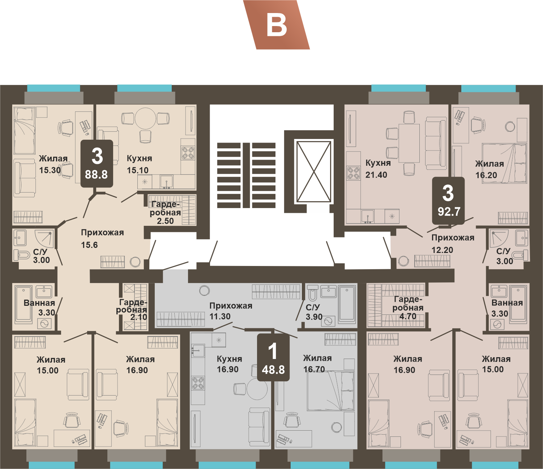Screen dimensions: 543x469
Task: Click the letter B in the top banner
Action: point(277,26)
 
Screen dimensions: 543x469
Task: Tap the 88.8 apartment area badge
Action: point(97,164)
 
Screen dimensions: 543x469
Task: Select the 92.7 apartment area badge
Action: point(448,201)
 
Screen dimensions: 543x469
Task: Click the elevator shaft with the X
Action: point(314,172)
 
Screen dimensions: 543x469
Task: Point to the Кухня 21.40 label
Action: point(378,169)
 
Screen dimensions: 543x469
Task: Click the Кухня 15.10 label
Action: point(139,164)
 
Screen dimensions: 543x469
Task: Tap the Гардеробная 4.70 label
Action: point(408,308)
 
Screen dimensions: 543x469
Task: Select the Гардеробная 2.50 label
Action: point(166,212)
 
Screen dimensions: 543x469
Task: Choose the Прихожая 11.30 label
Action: point(231,311)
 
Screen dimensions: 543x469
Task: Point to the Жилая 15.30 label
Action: point(53,164)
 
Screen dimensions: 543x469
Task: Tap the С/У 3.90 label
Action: point(314,312)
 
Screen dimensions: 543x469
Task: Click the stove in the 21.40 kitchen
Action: point(353,173)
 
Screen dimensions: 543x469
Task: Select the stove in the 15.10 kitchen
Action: point(188,153)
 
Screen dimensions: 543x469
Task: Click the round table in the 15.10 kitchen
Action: point(146,118)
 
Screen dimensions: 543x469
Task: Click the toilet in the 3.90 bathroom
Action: point(313,293)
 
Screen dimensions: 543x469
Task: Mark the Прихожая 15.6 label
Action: point(102,238)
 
